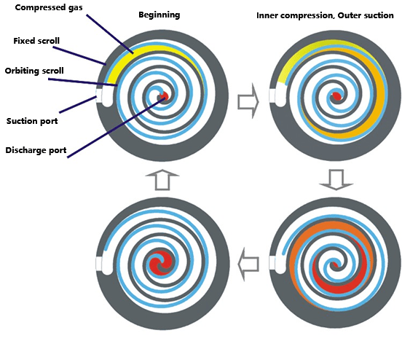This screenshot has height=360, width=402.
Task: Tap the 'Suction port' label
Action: coord(33,120)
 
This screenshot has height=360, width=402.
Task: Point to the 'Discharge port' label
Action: coord(36,151)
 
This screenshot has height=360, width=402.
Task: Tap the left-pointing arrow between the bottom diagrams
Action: coord(249,260)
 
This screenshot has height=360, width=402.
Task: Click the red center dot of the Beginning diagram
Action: coord(165,96)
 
